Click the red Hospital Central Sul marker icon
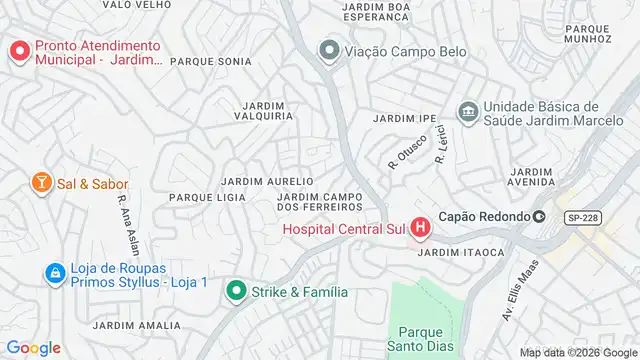421,228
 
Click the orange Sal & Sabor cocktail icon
41,183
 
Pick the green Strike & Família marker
236,292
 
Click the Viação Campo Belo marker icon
328,50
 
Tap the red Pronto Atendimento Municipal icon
19,51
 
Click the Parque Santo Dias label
427,339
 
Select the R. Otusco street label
407,150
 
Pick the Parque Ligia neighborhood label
207,198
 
